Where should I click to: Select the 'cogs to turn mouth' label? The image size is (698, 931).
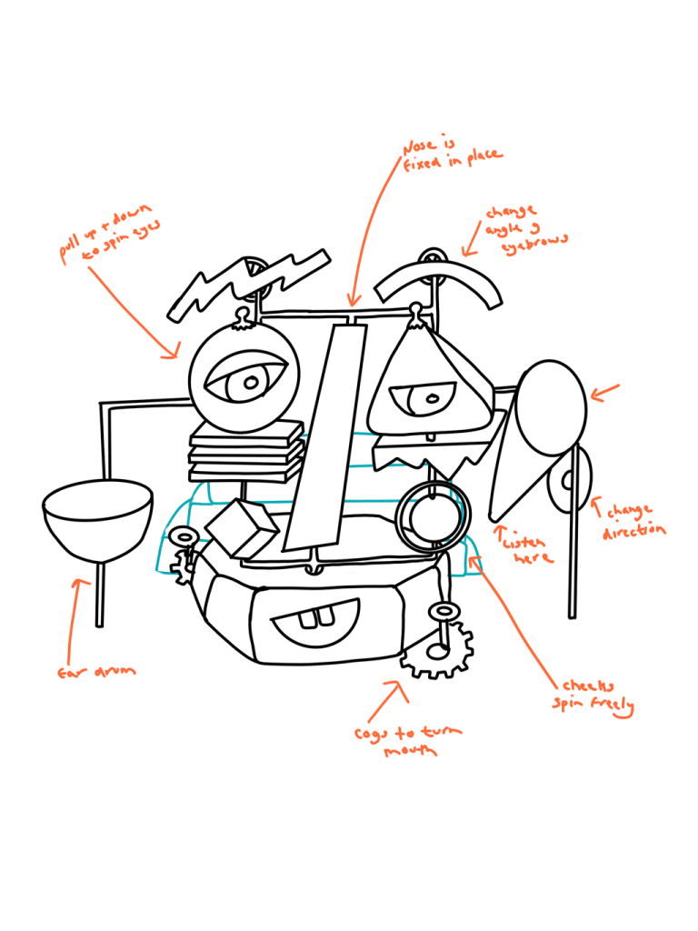coord(408,741)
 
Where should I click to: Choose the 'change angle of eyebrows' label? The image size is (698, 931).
coord(525,226)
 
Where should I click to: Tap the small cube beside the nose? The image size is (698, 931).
coord(241,527)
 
